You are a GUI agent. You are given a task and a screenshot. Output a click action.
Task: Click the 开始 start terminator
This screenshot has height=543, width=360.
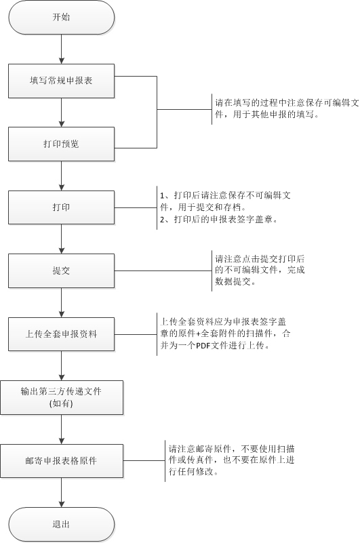(x=61, y=18)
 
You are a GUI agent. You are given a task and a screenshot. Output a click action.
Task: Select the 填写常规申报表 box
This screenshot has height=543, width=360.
(x=61, y=81)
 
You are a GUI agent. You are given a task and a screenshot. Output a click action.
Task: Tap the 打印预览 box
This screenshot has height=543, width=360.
(x=61, y=144)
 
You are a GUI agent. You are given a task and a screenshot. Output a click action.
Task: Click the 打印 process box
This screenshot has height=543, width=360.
(x=61, y=207)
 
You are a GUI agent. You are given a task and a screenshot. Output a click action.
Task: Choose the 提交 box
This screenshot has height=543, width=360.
(x=61, y=270)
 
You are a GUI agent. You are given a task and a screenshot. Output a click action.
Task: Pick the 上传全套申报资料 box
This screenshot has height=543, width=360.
(x=61, y=334)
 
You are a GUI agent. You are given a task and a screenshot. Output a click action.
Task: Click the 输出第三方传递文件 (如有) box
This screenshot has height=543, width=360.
(x=62, y=397)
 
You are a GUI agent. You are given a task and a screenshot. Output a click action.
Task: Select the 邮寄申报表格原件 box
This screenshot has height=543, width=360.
(x=62, y=461)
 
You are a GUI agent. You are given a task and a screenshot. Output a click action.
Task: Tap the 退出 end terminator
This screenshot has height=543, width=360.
(x=61, y=524)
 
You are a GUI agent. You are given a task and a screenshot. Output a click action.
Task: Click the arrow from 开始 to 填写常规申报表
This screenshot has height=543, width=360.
(x=61, y=49)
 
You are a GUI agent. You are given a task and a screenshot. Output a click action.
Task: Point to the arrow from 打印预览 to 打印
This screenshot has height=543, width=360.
(x=61, y=176)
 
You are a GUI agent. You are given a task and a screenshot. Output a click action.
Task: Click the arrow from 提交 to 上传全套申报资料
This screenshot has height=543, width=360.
(x=61, y=302)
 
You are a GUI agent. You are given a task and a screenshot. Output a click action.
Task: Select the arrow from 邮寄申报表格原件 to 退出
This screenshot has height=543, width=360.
(x=61, y=493)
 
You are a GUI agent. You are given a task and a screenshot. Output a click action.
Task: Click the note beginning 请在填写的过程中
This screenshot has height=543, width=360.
(x=287, y=108)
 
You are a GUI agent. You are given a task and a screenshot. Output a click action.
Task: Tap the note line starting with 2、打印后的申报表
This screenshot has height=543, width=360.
(x=219, y=220)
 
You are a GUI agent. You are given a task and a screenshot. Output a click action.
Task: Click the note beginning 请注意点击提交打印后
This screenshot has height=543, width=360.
(x=260, y=270)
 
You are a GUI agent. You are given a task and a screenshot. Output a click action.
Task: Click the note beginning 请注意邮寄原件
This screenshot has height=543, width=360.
(x=231, y=460)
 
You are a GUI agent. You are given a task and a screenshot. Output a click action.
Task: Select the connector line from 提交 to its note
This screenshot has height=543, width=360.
(x=163, y=270)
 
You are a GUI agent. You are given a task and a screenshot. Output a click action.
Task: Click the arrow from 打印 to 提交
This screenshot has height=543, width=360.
(x=61, y=239)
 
